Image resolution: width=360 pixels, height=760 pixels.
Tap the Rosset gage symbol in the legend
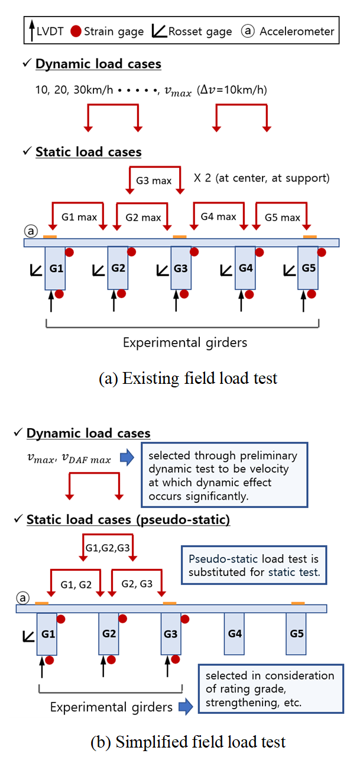click(x=160, y=31)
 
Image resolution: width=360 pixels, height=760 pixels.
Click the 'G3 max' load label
click(x=154, y=180)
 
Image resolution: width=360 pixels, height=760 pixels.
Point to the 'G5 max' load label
click(x=283, y=218)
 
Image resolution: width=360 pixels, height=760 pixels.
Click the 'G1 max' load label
click(x=79, y=217)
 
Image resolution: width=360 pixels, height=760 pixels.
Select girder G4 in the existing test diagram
click(x=245, y=268)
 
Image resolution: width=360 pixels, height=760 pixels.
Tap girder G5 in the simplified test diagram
click(x=296, y=633)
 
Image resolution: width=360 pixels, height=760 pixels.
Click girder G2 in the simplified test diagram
click(x=108, y=633)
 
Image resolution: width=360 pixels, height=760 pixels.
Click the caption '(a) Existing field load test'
click(x=187, y=379)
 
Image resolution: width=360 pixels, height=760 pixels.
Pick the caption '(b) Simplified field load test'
click(x=187, y=742)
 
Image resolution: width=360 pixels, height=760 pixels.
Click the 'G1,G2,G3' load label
click(x=108, y=547)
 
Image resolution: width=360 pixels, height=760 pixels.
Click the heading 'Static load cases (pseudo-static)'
click(x=128, y=520)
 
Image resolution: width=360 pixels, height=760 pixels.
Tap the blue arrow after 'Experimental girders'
click(x=185, y=706)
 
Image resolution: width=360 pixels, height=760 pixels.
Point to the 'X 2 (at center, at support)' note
click(x=262, y=178)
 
